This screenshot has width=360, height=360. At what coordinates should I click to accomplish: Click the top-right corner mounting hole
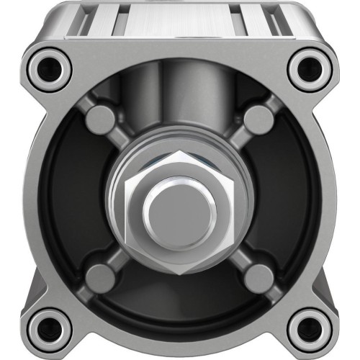(x=308, y=68)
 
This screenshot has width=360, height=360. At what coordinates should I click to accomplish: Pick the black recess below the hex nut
(x=180, y=295)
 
